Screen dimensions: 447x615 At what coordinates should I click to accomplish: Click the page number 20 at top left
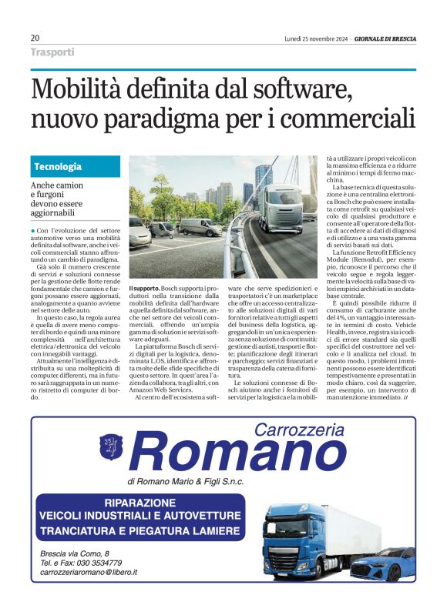tap(35, 38)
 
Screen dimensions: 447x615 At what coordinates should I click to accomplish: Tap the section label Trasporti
tap(52, 52)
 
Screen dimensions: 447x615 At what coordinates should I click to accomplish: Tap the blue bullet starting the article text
tap(33, 231)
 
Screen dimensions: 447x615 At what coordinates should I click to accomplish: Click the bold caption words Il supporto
tap(143, 286)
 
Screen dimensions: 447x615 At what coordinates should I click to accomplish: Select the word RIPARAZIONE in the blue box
tap(144, 502)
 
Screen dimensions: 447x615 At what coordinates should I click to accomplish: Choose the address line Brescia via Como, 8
tap(75, 553)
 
